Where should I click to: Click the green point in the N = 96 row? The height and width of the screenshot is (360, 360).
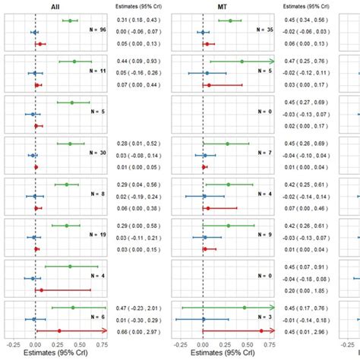70,21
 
